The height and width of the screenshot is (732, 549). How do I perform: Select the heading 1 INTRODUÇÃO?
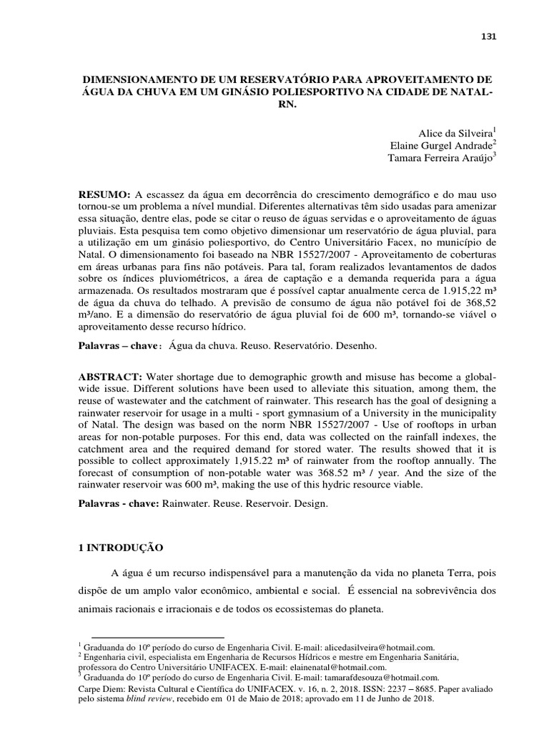[x=121, y=548]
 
